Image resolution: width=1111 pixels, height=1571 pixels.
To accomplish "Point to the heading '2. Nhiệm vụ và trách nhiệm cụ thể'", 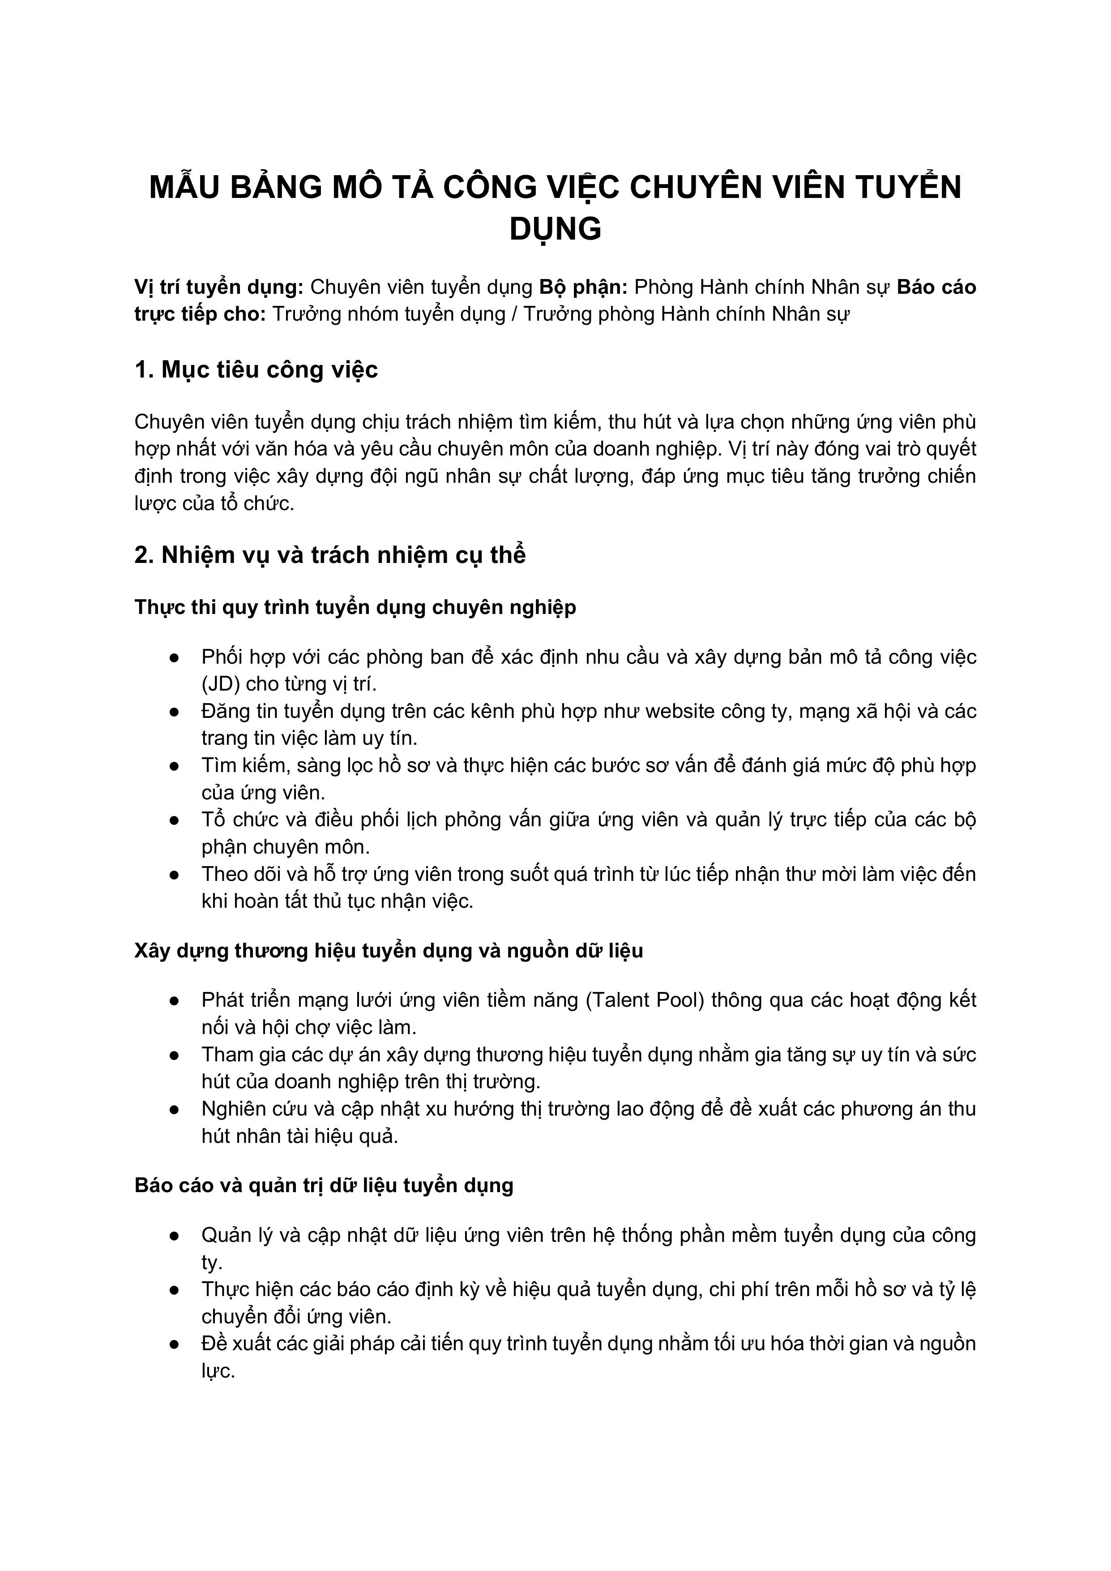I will (330, 554).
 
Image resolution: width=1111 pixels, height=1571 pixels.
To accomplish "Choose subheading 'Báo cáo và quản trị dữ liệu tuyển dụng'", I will (324, 1185).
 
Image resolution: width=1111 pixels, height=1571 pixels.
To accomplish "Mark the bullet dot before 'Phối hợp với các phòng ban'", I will (175, 657).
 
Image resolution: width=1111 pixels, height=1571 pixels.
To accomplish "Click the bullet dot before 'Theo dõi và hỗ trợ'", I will (175, 875).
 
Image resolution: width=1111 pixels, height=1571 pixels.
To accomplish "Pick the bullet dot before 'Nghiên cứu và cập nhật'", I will (175, 1109).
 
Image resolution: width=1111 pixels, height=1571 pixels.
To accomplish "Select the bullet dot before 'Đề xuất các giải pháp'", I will (175, 1344).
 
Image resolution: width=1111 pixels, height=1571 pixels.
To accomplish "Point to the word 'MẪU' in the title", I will (184, 188).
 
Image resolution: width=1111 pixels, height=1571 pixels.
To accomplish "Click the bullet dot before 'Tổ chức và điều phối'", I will (175, 820).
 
